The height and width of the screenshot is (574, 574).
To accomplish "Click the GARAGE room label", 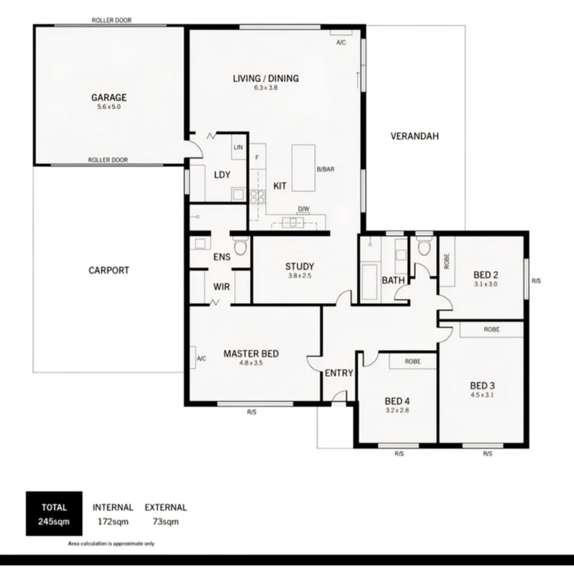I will (108, 98).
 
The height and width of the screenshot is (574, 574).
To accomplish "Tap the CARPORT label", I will (108, 271).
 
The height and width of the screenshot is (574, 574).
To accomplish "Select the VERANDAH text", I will (415, 136).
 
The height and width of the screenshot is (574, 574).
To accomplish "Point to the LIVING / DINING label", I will (266, 79).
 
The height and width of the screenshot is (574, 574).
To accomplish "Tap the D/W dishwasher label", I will (303, 209).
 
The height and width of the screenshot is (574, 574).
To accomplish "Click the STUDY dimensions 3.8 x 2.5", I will (299, 276).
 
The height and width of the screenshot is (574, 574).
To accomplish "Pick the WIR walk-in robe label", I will (222, 287).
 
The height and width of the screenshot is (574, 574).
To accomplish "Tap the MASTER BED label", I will (251, 354).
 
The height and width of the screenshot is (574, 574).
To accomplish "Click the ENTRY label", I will (339, 373).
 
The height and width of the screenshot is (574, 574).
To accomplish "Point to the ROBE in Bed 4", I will (412, 361).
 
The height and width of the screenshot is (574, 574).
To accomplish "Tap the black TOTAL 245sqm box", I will (54, 513).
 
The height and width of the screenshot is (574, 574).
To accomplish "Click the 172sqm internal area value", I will (113, 521).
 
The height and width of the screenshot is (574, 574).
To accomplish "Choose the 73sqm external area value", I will (165, 521).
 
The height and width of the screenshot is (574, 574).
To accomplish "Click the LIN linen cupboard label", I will (238, 149).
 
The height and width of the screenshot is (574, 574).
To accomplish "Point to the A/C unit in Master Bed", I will (193, 358).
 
